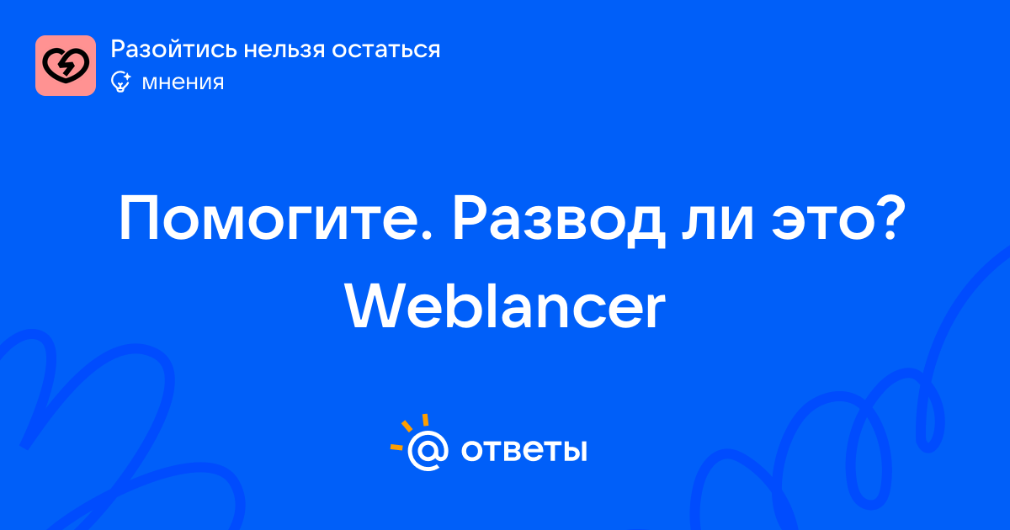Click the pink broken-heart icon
click(66, 66)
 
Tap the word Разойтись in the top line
click(174, 50)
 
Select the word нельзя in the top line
click(284, 50)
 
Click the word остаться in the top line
click(386, 50)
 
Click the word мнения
click(183, 83)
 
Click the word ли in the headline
click(717, 224)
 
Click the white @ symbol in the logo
click(428, 450)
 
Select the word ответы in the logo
click(524, 450)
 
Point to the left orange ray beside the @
click(396, 447)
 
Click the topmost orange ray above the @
click(425, 420)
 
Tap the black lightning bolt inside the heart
click(66, 66)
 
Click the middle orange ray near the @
click(407, 426)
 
